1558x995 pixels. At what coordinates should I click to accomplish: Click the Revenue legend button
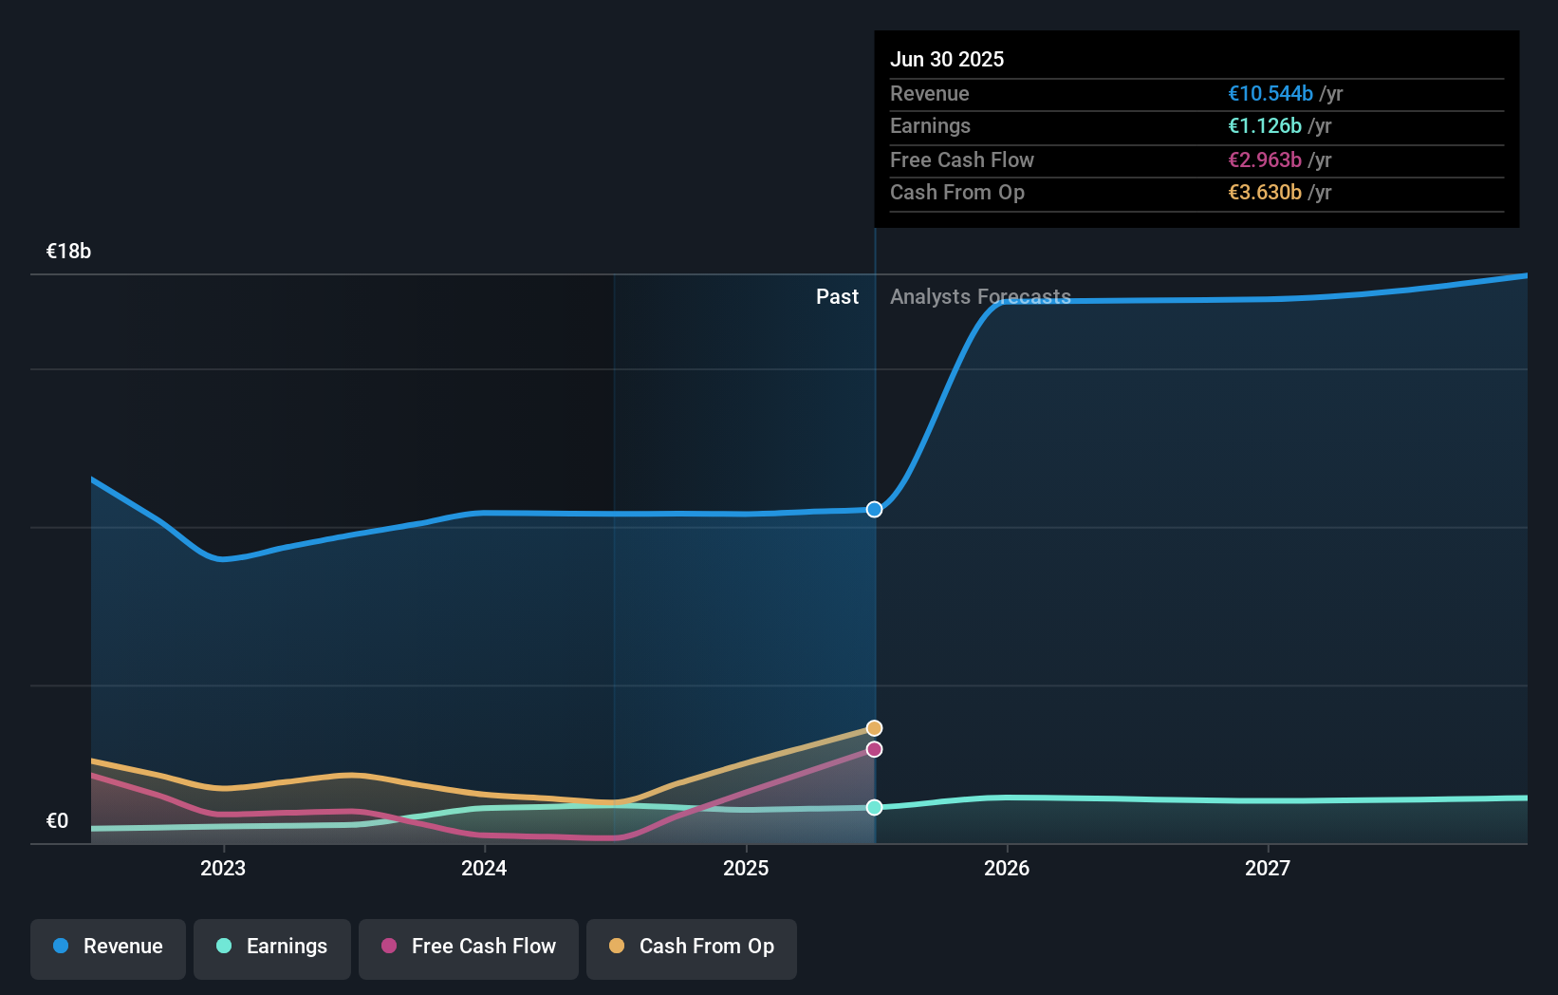108,947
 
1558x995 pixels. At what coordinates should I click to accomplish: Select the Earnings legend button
272,947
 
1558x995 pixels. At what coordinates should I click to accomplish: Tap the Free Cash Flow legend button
469,947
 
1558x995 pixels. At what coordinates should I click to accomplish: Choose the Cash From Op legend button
692,947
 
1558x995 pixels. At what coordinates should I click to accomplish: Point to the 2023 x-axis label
223,869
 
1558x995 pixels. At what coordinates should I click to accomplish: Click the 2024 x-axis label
484,869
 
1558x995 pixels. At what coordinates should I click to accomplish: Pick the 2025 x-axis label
746,869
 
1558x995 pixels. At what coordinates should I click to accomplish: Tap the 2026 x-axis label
1007,869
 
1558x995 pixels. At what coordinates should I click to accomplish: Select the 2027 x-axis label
1268,869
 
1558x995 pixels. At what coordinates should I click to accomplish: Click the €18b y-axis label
68,252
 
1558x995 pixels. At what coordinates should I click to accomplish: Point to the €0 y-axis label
57,821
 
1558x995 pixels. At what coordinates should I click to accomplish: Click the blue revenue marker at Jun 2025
875,510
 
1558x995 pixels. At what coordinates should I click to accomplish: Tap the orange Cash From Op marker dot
875,728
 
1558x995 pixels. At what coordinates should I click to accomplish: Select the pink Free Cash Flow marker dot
875,750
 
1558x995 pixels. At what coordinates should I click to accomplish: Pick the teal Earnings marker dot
875,808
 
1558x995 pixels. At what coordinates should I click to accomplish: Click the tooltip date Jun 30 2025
947,59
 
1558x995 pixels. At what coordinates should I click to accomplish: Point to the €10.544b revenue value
1271,94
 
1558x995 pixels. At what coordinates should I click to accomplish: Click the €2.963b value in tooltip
1265,160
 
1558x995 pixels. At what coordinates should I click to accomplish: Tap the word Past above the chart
837,297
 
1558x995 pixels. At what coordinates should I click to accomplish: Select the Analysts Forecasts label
980,297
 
